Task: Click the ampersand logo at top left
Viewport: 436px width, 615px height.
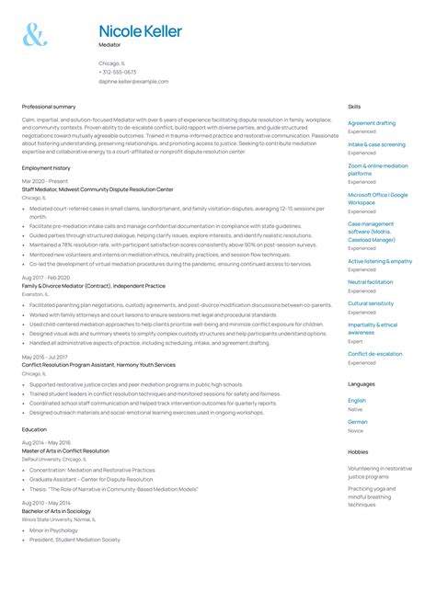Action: click(34, 36)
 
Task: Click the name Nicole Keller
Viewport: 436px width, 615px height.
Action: click(140, 31)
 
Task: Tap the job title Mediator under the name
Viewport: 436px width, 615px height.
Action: click(109, 44)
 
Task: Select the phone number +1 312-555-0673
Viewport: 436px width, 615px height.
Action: click(118, 72)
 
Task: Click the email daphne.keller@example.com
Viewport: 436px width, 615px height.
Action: click(133, 81)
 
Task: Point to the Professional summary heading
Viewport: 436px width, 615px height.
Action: click(49, 107)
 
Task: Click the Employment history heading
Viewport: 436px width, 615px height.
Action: click(46, 168)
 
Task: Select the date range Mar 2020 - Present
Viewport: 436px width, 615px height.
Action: click(45, 182)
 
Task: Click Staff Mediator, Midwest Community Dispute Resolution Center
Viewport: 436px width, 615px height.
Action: click(98, 189)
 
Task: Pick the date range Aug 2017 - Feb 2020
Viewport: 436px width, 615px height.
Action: click(46, 278)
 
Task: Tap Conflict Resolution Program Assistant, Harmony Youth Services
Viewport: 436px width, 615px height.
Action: click(98, 364)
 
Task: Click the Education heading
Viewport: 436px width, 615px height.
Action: click(34, 429)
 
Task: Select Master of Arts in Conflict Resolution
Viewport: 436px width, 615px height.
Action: click(65, 451)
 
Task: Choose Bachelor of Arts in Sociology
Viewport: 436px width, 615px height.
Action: click(60, 510)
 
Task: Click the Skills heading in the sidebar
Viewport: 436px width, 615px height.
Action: click(354, 107)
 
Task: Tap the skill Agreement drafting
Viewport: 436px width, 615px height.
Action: click(372, 123)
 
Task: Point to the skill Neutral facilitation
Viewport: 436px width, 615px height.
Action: click(370, 282)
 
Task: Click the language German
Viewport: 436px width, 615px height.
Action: click(357, 422)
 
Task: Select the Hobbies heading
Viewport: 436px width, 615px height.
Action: click(358, 452)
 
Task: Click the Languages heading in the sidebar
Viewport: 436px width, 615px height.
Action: click(361, 384)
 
